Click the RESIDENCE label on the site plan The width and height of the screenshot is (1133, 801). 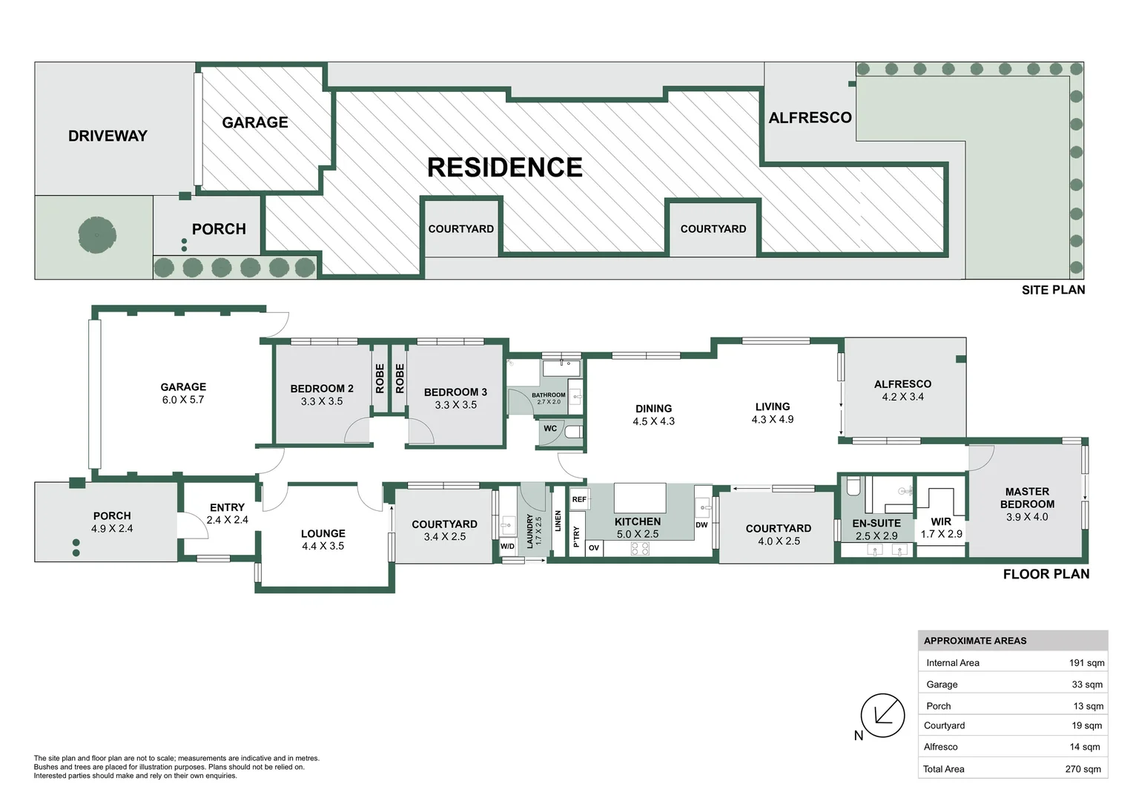504,168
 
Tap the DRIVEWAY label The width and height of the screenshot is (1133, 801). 108,136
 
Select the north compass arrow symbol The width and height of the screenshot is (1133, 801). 882,716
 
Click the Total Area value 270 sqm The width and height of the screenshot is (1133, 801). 1083,769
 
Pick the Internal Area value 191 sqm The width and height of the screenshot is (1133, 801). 1086,663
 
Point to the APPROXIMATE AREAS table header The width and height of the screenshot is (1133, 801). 975,641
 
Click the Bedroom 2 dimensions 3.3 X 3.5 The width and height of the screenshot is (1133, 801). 322,401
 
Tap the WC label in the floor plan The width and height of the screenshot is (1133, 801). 550,429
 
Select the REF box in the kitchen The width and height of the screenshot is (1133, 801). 579,499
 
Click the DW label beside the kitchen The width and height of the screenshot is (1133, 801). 701,525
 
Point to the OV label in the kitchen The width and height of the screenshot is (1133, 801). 594,548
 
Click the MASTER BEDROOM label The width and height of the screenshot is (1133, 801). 1027,498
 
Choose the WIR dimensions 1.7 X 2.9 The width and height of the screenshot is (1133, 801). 941,534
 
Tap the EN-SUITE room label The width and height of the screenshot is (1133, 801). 876,523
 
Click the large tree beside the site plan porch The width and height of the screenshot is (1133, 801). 97,235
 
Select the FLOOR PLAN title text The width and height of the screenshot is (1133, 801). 1046,574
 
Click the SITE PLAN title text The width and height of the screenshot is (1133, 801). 1053,290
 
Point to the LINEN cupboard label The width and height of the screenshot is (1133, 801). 558,521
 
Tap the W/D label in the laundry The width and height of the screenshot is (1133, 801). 507,547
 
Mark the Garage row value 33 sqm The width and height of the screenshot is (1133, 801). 1086,685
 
